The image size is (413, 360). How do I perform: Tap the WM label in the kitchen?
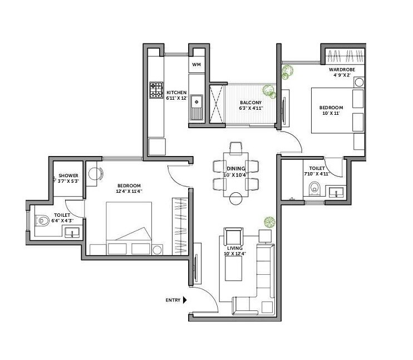(x=196, y=65)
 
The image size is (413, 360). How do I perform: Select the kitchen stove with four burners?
(x=155, y=91)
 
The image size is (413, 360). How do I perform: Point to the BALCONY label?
(x=248, y=103)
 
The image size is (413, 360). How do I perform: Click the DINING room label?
(x=232, y=168)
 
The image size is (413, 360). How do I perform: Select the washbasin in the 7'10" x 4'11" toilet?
(x=335, y=193)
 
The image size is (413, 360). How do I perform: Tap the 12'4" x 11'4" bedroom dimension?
(x=129, y=191)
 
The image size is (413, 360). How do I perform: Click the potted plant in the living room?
(x=269, y=222)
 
